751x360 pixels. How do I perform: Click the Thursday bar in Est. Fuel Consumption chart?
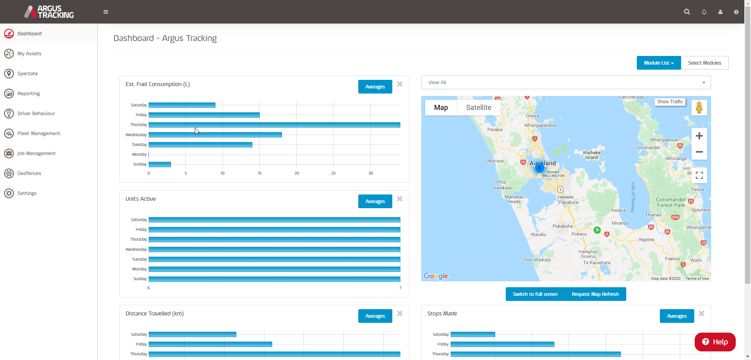click(x=274, y=125)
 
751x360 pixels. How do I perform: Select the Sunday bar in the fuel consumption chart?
click(x=160, y=164)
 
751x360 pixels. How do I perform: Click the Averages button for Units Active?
click(x=375, y=201)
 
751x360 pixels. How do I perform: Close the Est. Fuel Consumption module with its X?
click(x=399, y=84)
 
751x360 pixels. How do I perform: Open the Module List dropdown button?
click(x=658, y=63)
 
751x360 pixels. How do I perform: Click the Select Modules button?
click(x=704, y=63)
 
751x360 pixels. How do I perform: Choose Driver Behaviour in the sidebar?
click(x=36, y=113)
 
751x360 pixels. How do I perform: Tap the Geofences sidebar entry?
click(x=29, y=173)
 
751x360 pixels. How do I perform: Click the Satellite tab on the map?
click(x=478, y=108)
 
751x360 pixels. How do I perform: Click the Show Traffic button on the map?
click(x=670, y=102)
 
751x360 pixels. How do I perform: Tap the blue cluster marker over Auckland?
click(x=539, y=168)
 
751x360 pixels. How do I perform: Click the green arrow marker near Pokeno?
click(x=597, y=230)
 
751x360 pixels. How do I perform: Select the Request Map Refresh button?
click(x=595, y=294)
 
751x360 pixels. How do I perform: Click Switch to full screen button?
click(x=535, y=294)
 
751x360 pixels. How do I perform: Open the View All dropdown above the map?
click(x=566, y=83)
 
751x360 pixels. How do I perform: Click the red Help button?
click(x=715, y=342)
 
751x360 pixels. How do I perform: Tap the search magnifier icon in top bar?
click(x=686, y=12)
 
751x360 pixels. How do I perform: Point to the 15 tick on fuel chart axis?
click(x=259, y=173)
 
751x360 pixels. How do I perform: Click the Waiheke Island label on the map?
click(x=591, y=155)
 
